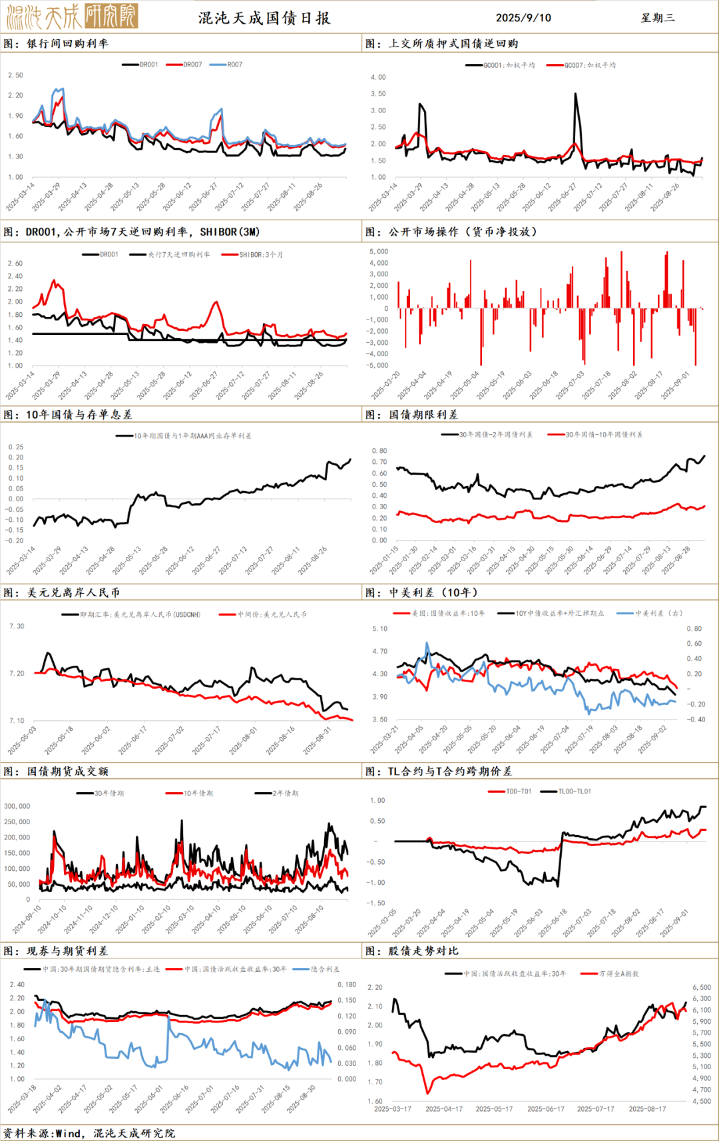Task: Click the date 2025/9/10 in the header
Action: tap(523, 18)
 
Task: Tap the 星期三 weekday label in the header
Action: tap(658, 18)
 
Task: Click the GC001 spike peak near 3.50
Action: tap(576, 95)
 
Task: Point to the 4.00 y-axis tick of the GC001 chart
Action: tap(378, 77)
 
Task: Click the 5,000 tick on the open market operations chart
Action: tap(378, 252)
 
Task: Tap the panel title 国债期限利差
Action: tap(423, 415)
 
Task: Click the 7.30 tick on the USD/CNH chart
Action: tap(17, 626)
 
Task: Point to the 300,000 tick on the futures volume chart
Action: tap(17, 806)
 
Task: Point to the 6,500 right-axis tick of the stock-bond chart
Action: tap(702, 987)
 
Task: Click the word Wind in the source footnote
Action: tap(69, 1133)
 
